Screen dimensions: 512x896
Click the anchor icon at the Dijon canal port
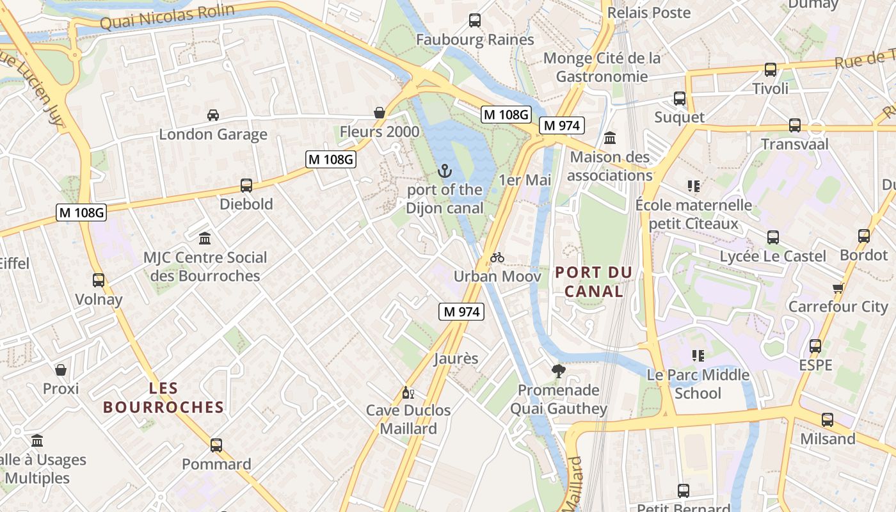(445, 171)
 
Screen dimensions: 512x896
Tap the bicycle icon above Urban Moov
(497, 257)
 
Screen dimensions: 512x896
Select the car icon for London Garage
(213, 115)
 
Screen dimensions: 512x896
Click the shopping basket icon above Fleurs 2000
(380, 113)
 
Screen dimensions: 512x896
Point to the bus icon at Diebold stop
(246, 186)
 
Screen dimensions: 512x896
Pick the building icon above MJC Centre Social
(205, 238)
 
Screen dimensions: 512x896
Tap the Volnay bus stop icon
(99, 280)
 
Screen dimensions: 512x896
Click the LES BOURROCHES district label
(164, 397)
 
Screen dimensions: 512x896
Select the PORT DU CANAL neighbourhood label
(594, 282)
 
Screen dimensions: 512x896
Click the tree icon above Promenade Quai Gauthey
(559, 371)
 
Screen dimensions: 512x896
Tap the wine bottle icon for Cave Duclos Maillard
(408, 392)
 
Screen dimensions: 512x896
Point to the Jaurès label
(456, 358)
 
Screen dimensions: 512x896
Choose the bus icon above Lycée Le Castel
(773, 237)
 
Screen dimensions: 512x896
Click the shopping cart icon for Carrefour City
(838, 287)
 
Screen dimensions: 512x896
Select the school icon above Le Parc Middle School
(698, 355)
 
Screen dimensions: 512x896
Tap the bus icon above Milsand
(828, 420)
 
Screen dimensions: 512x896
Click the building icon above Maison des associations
(610, 138)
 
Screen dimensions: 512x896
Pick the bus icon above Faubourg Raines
(475, 20)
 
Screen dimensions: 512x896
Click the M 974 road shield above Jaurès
(461, 312)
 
